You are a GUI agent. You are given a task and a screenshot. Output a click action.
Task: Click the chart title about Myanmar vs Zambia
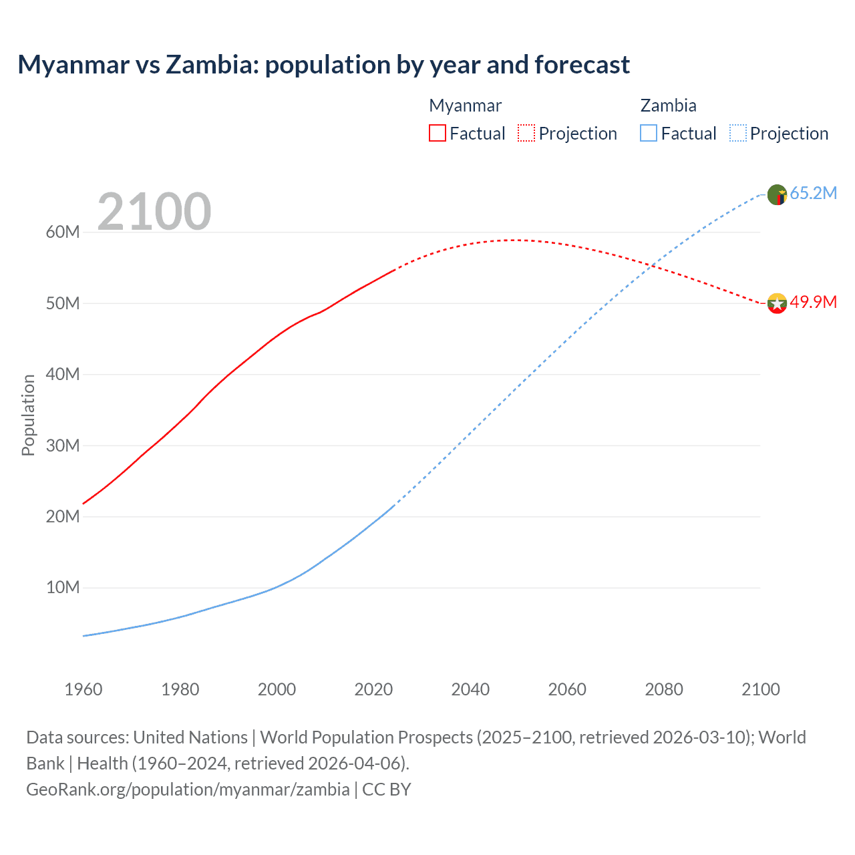323,65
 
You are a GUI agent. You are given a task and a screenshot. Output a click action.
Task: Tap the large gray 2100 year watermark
154,212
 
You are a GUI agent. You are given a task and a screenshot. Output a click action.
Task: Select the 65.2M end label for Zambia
813,194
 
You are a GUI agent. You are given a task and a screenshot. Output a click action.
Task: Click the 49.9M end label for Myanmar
813,303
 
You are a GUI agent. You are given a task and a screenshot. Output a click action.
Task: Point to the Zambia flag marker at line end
777,194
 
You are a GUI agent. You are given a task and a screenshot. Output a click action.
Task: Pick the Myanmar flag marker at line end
777,303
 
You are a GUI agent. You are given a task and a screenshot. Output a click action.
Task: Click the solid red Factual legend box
438,133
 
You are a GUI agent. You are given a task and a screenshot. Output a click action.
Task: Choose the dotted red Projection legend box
526,133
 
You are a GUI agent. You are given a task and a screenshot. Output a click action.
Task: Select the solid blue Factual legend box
649,133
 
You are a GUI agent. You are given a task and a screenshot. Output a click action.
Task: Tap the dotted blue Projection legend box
738,133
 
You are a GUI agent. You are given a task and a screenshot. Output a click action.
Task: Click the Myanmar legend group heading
465,106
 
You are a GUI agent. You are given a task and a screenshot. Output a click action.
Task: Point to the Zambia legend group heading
668,106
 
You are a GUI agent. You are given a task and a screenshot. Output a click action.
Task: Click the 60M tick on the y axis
63,232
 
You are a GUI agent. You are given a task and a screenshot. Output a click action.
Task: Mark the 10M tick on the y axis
63,588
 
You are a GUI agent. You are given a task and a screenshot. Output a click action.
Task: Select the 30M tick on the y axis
63,446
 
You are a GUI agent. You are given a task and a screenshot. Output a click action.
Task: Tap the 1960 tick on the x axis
83,689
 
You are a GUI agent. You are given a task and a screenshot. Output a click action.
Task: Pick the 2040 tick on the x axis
470,689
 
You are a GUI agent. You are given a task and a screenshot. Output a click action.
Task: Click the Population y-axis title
28,415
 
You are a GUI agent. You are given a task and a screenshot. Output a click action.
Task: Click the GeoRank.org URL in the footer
188,790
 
